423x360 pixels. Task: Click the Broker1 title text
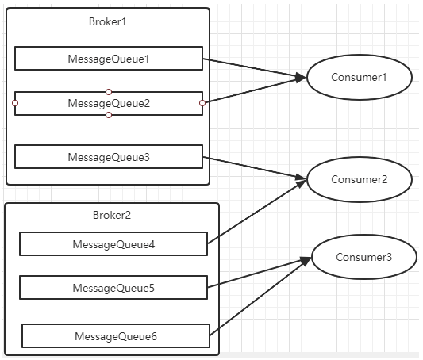107,22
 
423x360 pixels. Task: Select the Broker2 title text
112,215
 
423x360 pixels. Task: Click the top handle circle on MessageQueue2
109,92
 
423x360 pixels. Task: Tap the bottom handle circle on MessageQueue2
109,115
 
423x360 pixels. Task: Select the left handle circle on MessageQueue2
15,103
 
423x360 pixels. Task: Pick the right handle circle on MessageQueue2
202,103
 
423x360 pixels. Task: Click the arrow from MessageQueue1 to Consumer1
255,68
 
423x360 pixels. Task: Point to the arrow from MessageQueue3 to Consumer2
255,168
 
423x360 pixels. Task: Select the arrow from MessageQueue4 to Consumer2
257,211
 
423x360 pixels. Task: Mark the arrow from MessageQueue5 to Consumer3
260,272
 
